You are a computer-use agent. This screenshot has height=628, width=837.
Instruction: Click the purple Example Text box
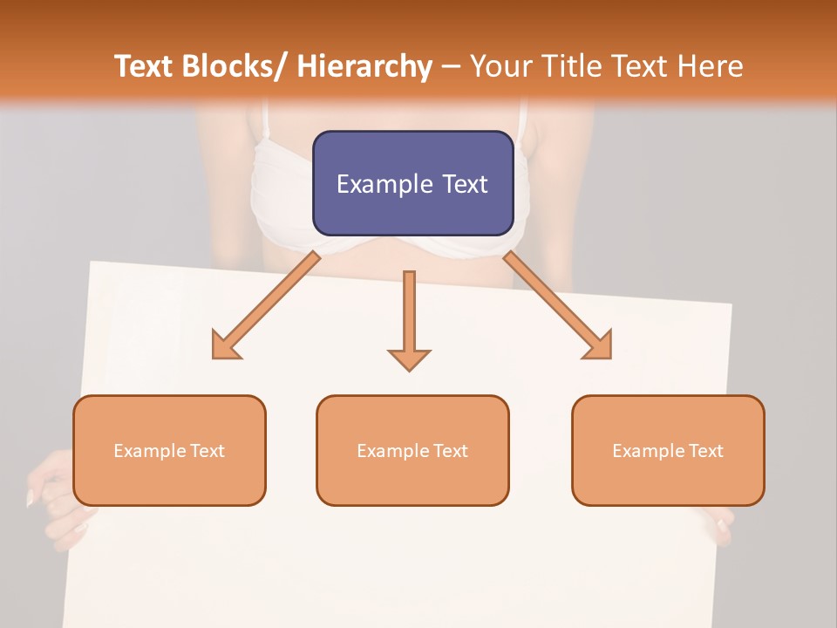pyautogui.click(x=412, y=183)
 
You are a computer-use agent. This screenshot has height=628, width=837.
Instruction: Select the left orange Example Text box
pyautogui.click(x=169, y=450)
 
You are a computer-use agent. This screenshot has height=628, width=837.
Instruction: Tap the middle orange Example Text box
pyautogui.click(x=412, y=450)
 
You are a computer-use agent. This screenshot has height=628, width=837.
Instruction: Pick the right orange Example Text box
pyautogui.click(x=668, y=450)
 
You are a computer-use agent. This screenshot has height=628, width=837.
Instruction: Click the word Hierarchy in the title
pyautogui.click(x=364, y=66)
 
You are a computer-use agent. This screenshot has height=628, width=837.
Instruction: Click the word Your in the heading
pyautogui.click(x=500, y=66)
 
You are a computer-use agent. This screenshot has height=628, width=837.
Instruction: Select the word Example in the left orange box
pyautogui.click(x=145, y=450)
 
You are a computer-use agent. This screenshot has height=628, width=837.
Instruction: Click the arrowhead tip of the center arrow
pyautogui.click(x=409, y=370)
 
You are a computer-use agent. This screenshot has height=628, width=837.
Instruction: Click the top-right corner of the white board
pyautogui.click(x=731, y=304)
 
